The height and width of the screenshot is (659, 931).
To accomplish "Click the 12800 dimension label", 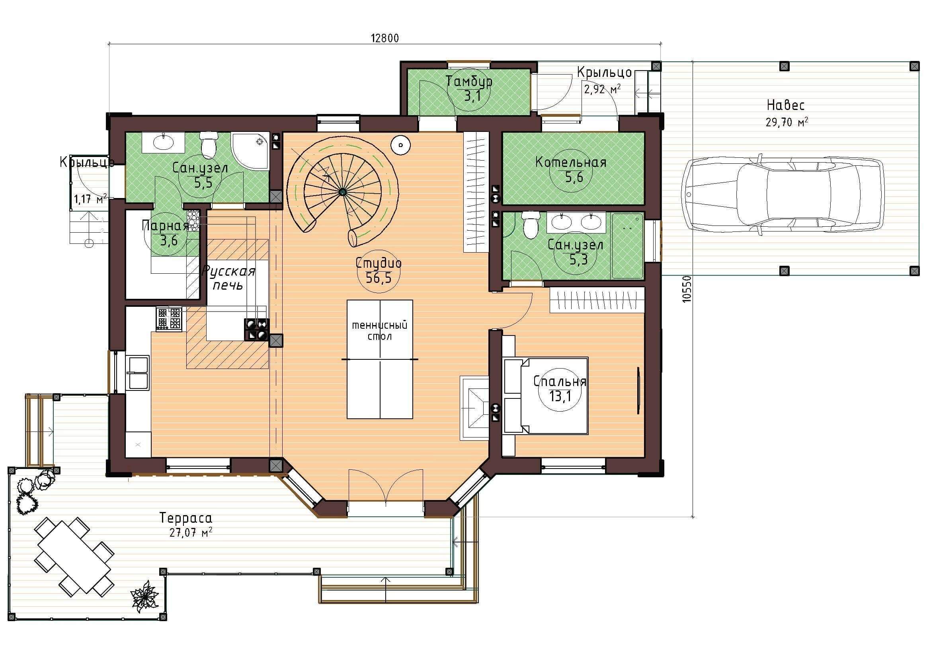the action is coord(385,38).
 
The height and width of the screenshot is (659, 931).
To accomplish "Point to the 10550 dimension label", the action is coord(686,289).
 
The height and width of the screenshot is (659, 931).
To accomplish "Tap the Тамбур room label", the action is coord(469,81).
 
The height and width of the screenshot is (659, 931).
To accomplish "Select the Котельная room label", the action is coord(570,162).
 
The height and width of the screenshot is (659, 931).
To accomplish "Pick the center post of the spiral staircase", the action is coord(343,192).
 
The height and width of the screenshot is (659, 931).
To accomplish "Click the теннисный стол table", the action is coord(380,359).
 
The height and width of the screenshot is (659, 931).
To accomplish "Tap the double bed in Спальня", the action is coord(546,396).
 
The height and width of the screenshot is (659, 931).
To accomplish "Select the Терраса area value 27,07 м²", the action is coord(191,532).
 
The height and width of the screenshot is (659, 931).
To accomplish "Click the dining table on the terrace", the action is coord(74,556).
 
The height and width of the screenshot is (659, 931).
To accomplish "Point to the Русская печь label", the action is coord(228,278).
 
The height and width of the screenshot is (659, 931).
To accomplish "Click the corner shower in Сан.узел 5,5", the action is coord(250,151).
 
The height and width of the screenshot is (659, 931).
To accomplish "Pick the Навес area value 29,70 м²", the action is coord(787,122).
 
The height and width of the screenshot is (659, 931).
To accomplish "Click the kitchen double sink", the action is coord(137,373).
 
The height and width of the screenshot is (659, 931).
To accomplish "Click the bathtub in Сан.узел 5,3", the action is coord(628,246).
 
